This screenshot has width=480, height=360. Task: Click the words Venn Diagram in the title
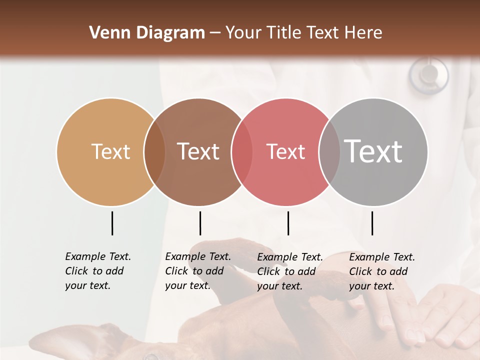(x=147, y=33)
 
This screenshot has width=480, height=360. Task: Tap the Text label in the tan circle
(x=111, y=151)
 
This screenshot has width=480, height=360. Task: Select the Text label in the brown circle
(x=198, y=151)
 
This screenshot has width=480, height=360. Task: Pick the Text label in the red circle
(x=285, y=151)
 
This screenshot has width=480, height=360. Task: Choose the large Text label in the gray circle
(x=373, y=151)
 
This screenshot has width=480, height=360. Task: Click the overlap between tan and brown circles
(x=154, y=152)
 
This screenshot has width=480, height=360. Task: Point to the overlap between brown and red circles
(x=242, y=152)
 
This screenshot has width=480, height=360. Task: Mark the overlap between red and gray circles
(x=329, y=152)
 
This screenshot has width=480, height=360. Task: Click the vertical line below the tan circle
(x=112, y=223)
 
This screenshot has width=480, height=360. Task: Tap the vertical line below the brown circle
(x=200, y=223)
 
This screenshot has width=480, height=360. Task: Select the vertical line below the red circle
(x=288, y=223)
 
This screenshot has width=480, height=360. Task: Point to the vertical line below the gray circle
(x=372, y=223)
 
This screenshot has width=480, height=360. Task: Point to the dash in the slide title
(x=215, y=33)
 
